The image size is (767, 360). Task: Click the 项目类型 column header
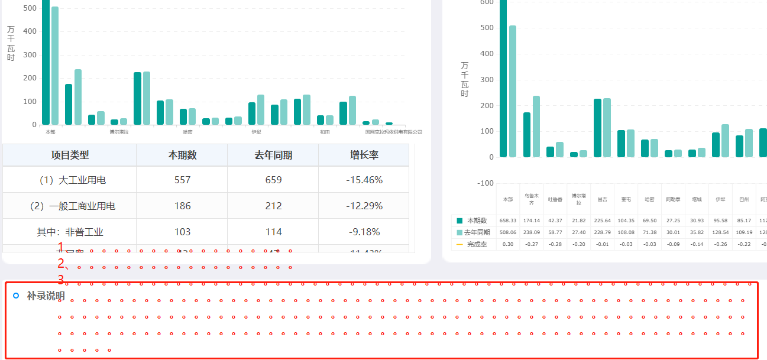click(x=70, y=155)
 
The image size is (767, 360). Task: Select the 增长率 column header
click(x=364, y=155)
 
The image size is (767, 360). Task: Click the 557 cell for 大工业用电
click(x=182, y=180)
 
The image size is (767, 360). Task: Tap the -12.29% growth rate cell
click(x=364, y=206)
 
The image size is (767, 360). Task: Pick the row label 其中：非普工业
click(x=70, y=232)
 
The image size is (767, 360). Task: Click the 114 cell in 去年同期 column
click(x=273, y=232)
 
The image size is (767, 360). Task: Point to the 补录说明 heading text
click(x=46, y=296)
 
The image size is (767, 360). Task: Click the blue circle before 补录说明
click(x=17, y=296)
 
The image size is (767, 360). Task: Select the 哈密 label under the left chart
click(x=187, y=132)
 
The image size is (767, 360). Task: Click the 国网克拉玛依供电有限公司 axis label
click(x=394, y=132)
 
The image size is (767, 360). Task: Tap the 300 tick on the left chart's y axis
click(x=30, y=55)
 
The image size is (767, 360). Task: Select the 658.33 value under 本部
click(x=508, y=220)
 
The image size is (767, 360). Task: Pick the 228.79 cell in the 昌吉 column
click(x=602, y=232)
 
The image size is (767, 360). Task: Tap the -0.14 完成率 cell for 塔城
click(x=697, y=244)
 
